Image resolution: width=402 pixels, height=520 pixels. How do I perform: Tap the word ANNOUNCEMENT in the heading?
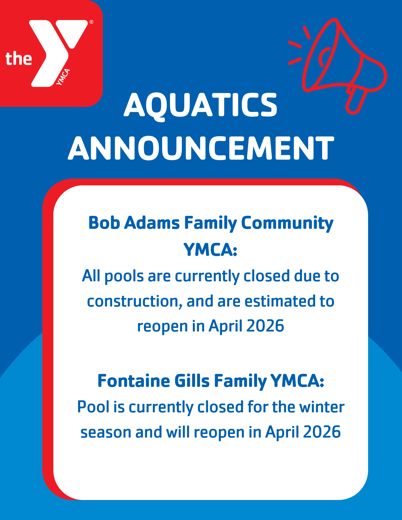point(201,148)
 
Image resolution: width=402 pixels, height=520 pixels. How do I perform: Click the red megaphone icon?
point(338,66)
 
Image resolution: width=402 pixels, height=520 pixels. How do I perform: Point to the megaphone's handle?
point(357,100)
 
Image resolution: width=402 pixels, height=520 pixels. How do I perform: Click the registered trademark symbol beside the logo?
point(91,22)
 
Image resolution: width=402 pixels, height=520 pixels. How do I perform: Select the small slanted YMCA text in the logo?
point(63,77)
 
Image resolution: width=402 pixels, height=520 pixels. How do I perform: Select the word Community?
point(287,224)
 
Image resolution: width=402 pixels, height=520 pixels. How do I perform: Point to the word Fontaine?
point(134,381)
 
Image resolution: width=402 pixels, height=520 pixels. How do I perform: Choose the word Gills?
point(192,381)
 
